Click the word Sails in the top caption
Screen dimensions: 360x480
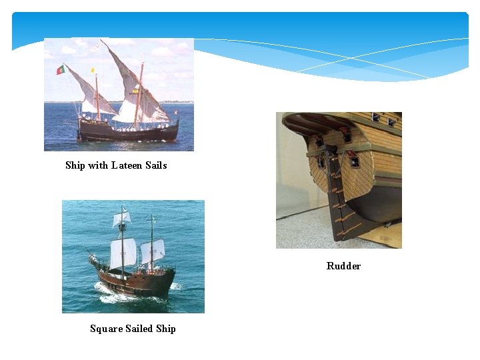tap(156, 165)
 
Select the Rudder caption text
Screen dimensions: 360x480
tap(343, 266)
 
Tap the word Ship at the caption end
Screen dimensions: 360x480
tap(166, 329)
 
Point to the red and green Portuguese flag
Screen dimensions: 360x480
tap(60, 69)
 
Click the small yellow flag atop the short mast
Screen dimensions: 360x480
tap(93, 70)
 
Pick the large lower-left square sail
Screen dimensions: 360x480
tap(121, 253)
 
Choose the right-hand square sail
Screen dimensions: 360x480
tap(153, 251)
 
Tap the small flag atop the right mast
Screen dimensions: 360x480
tap(154, 219)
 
